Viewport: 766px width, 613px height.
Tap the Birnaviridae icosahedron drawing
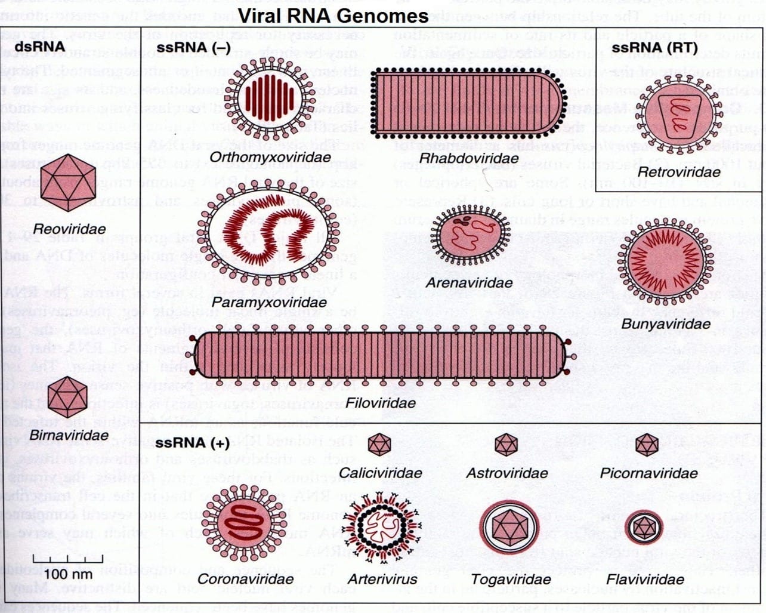[x=67, y=397]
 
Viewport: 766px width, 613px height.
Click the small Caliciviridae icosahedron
[x=379, y=445]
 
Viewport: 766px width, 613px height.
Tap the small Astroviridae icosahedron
[x=506, y=445]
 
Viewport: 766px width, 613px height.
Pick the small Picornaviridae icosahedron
[x=647, y=445]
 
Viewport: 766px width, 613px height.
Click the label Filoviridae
[x=381, y=403]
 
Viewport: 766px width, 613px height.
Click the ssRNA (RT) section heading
[x=654, y=48]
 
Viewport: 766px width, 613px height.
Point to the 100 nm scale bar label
[x=59, y=574]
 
